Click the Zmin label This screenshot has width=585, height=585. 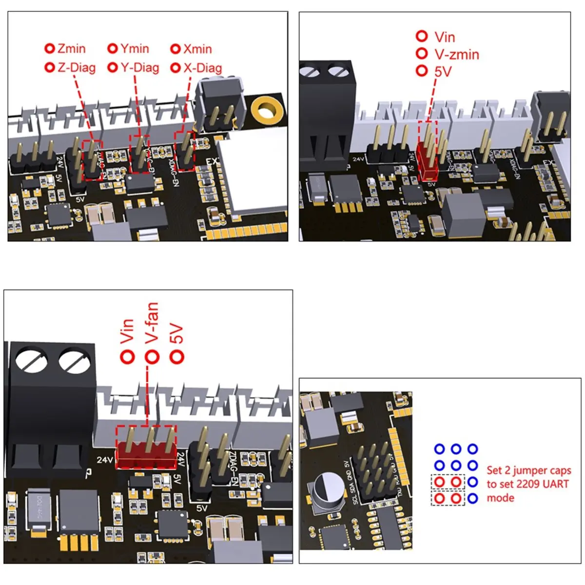[x=71, y=49]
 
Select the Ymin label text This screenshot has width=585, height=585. [x=135, y=49]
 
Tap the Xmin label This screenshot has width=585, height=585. [x=197, y=49]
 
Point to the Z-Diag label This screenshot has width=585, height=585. [x=76, y=68]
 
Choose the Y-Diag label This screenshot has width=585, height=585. [x=140, y=68]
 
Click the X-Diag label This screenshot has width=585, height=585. [x=202, y=68]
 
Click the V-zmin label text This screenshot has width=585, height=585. [x=457, y=54]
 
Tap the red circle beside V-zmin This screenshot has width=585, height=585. [x=422, y=54]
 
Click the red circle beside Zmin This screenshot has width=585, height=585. [x=49, y=49]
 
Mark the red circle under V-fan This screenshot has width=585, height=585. [x=152, y=357]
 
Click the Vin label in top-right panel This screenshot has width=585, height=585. [x=445, y=37]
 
